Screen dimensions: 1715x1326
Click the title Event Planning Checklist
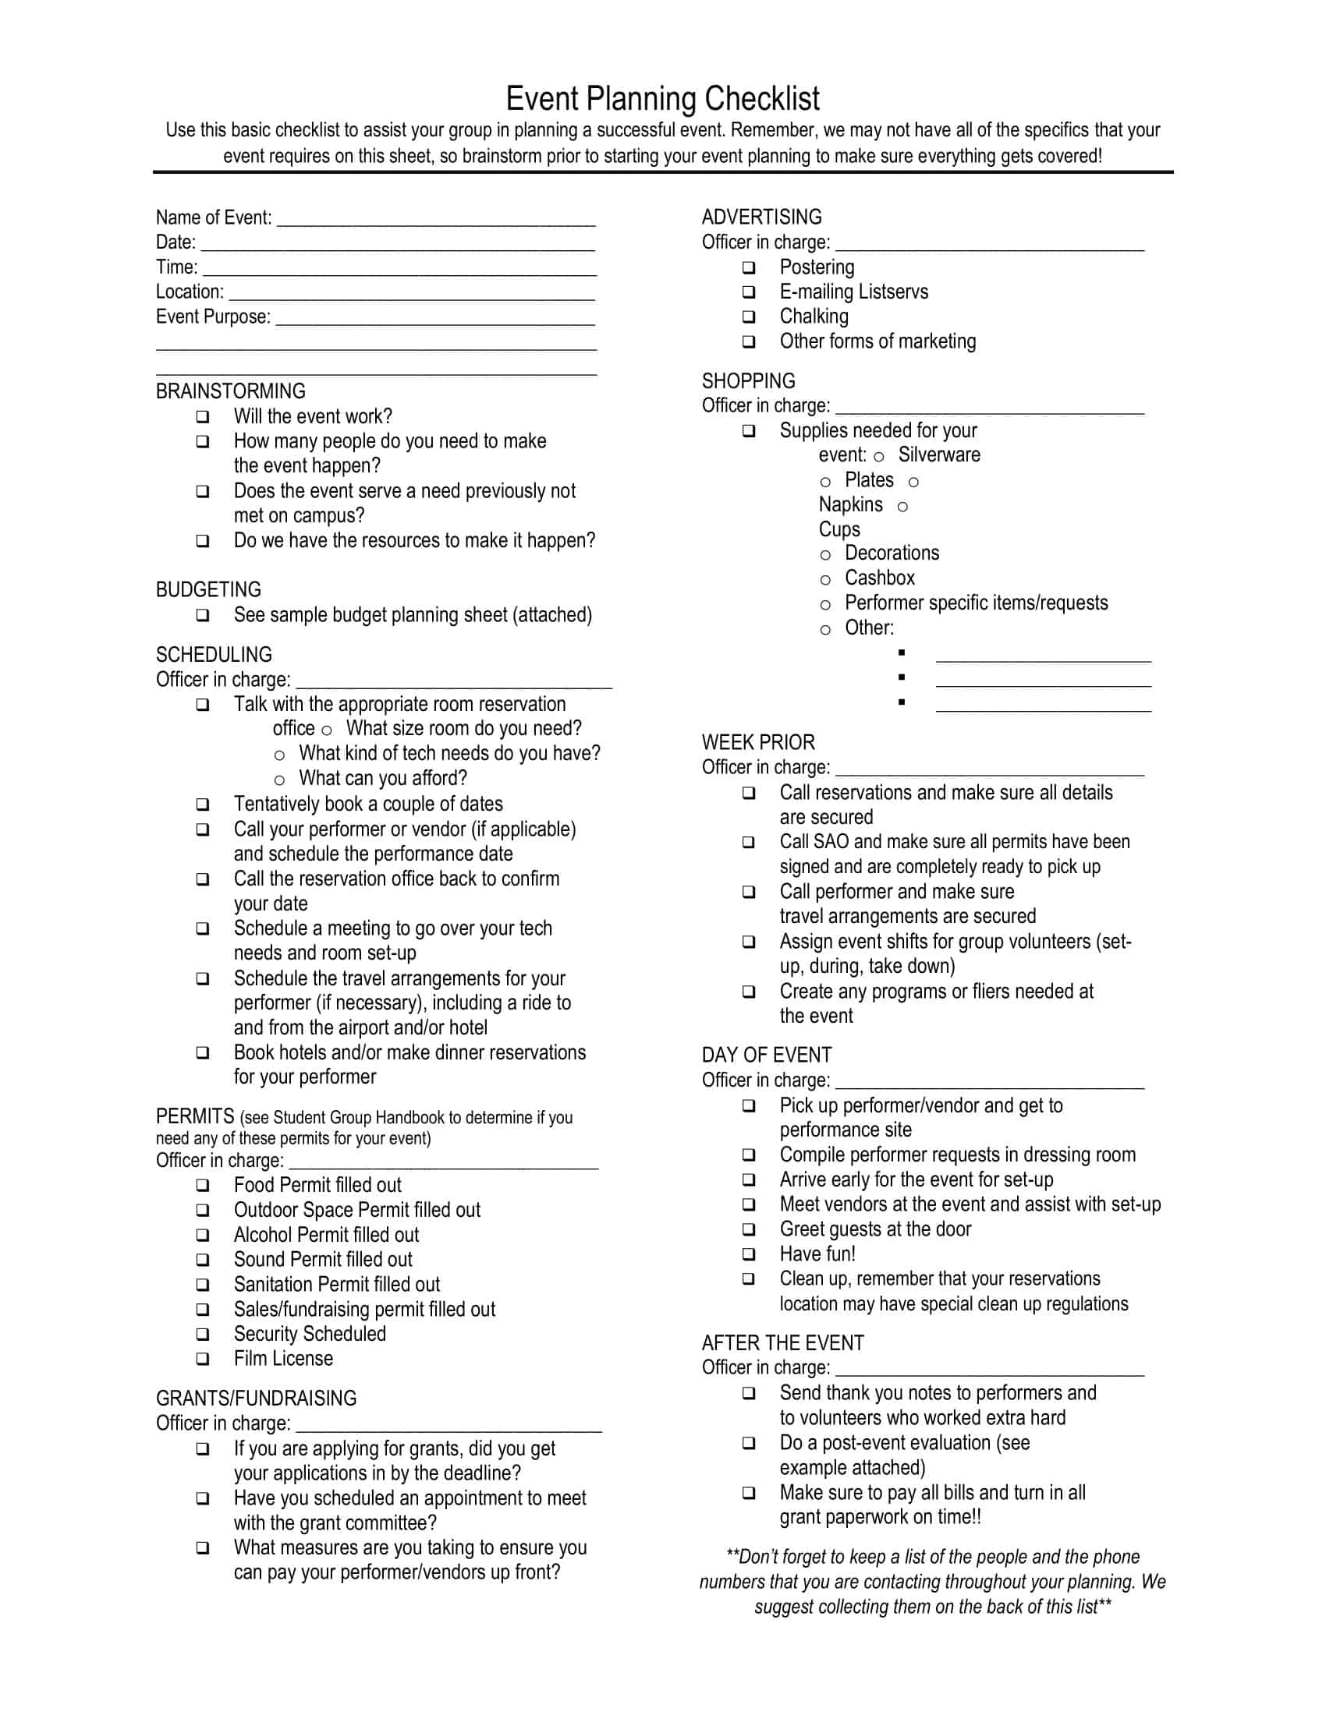[x=662, y=100]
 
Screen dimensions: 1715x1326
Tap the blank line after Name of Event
[x=436, y=220]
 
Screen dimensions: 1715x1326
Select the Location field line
[x=412, y=294]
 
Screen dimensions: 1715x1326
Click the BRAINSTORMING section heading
[x=230, y=391]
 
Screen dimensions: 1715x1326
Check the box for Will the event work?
[x=203, y=416]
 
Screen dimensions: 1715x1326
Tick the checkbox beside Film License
[x=203, y=1359]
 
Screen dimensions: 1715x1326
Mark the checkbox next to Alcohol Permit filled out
[x=203, y=1235]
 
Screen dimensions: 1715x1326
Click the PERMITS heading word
[x=195, y=1116]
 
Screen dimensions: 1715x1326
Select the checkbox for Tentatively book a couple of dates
[x=203, y=804]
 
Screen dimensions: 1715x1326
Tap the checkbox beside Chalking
[x=749, y=316]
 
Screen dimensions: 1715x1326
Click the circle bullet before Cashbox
[x=824, y=579]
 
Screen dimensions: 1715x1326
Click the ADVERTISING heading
[x=761, y=217]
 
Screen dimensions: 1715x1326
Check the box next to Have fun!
[x=749, y=1254]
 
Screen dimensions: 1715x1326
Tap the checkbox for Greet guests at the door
[x=749, y=1229]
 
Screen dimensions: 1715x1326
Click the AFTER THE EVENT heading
[x=782, y=1343]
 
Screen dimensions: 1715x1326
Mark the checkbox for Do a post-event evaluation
[x=749, y=1442]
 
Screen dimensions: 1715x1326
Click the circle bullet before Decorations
[x=824, y=554]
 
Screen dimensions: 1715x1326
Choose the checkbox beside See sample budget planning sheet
[x=203, y=615]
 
